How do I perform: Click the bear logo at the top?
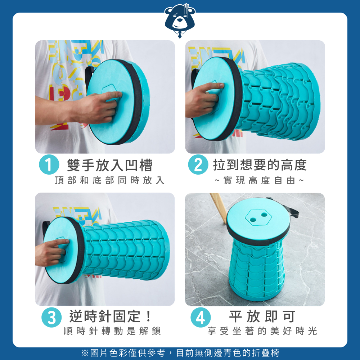point(180,21)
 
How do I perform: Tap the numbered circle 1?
point(49,165)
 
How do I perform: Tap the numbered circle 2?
point(198,165)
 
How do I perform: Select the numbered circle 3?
point(51,317)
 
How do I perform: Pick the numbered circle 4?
point(201,317)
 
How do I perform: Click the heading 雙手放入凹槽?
point(110,165)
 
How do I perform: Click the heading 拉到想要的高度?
point(260,165)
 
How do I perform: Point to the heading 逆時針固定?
point(110,316)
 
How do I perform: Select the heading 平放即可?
point(262,316)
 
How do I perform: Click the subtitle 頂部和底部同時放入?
point(110,180)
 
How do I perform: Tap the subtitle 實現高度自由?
point(260,180)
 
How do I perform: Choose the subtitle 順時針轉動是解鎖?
point(112,331)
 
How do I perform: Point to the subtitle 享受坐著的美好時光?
point(262,331)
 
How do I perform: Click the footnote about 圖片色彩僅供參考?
point(180,353)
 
